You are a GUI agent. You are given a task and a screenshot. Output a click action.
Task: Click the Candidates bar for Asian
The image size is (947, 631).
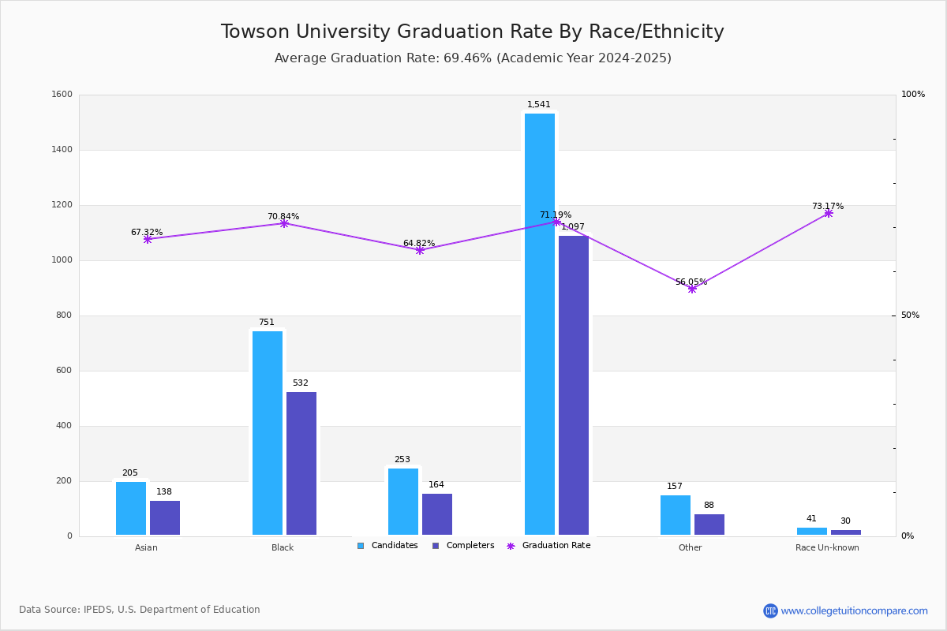coord(131,508)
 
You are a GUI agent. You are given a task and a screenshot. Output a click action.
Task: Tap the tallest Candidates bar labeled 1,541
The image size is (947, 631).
coord(540,323)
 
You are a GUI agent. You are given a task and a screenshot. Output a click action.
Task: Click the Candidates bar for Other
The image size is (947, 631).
coord(676,515)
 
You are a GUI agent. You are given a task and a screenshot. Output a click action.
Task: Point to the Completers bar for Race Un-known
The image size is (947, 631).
coord(846,532)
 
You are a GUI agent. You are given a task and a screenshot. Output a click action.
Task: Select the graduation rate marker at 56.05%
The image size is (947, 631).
coord(692,289)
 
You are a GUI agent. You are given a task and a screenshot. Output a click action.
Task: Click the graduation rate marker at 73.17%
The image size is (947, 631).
coord(829,213)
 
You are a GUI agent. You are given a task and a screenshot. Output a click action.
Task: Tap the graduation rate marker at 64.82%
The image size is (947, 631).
coord(420,250)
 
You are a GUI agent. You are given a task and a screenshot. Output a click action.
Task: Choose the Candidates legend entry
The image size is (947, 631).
coord(387,546)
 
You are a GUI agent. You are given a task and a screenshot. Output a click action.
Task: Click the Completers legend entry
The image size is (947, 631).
coord(463,546)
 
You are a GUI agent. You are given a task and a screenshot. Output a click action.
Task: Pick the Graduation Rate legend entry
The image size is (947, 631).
coord(548,546)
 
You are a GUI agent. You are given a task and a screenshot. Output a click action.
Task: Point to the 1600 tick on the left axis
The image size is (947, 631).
coord(62,95)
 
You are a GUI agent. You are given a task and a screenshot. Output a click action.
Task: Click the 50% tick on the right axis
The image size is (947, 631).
coord(910,315)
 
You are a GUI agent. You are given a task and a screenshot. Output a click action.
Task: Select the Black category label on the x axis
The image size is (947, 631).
coord(283,547)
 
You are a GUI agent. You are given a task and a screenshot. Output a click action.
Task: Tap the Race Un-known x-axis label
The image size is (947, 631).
coord(827,547)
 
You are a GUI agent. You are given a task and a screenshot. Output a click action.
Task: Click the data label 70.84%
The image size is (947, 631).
coord(283,217)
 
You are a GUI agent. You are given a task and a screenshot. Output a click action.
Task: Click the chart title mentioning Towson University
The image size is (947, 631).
coord(472,32)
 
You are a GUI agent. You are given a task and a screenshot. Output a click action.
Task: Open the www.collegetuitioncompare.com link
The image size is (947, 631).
coord(854,610)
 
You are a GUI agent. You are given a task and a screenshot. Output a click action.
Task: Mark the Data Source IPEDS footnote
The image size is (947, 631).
coord(140,610)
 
